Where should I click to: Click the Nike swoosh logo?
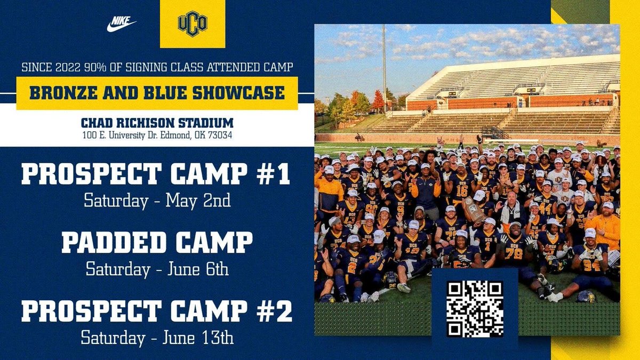coord(122,23)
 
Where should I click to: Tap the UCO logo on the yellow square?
coord(192,23)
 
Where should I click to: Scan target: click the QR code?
coord(475,309)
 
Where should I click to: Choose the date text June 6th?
coord(201,269)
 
